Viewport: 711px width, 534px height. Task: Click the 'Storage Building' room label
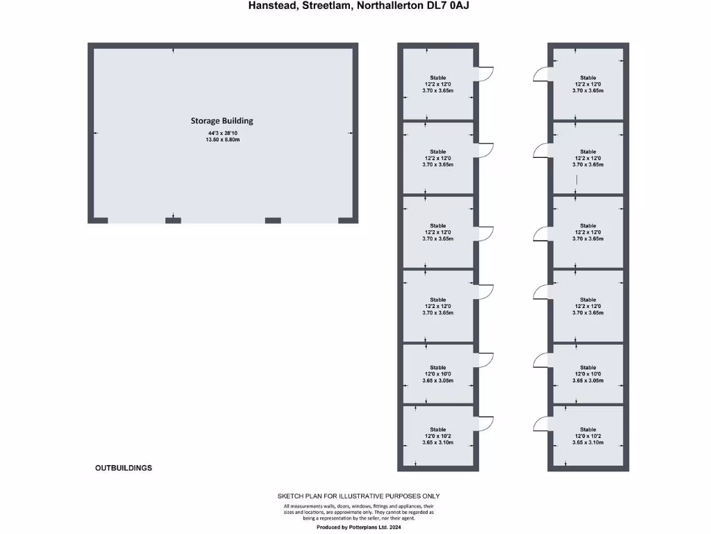tap(222, 120)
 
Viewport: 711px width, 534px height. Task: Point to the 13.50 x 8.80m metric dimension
tap(222, 140)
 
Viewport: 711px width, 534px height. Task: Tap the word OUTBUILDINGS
tap(124, 468)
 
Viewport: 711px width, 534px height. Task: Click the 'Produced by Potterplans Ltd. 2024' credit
tap(358, 528)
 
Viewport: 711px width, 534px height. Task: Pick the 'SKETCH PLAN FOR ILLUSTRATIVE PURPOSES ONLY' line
tap(358, 496)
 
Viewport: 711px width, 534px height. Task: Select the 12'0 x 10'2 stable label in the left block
tap(437, 436)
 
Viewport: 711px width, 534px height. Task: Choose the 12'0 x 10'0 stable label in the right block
tap(588, 374)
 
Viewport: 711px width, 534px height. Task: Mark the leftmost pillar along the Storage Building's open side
tap(99, 220)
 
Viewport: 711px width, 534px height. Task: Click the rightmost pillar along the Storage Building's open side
tap(347, 220)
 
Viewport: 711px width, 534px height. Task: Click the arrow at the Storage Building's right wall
tap(351, 133)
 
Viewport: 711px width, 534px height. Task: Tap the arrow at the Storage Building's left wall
tap(96, 133)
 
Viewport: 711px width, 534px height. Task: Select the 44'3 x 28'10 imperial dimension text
tap(222, 133)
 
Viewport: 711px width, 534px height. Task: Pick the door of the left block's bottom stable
tap(485, 424)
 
